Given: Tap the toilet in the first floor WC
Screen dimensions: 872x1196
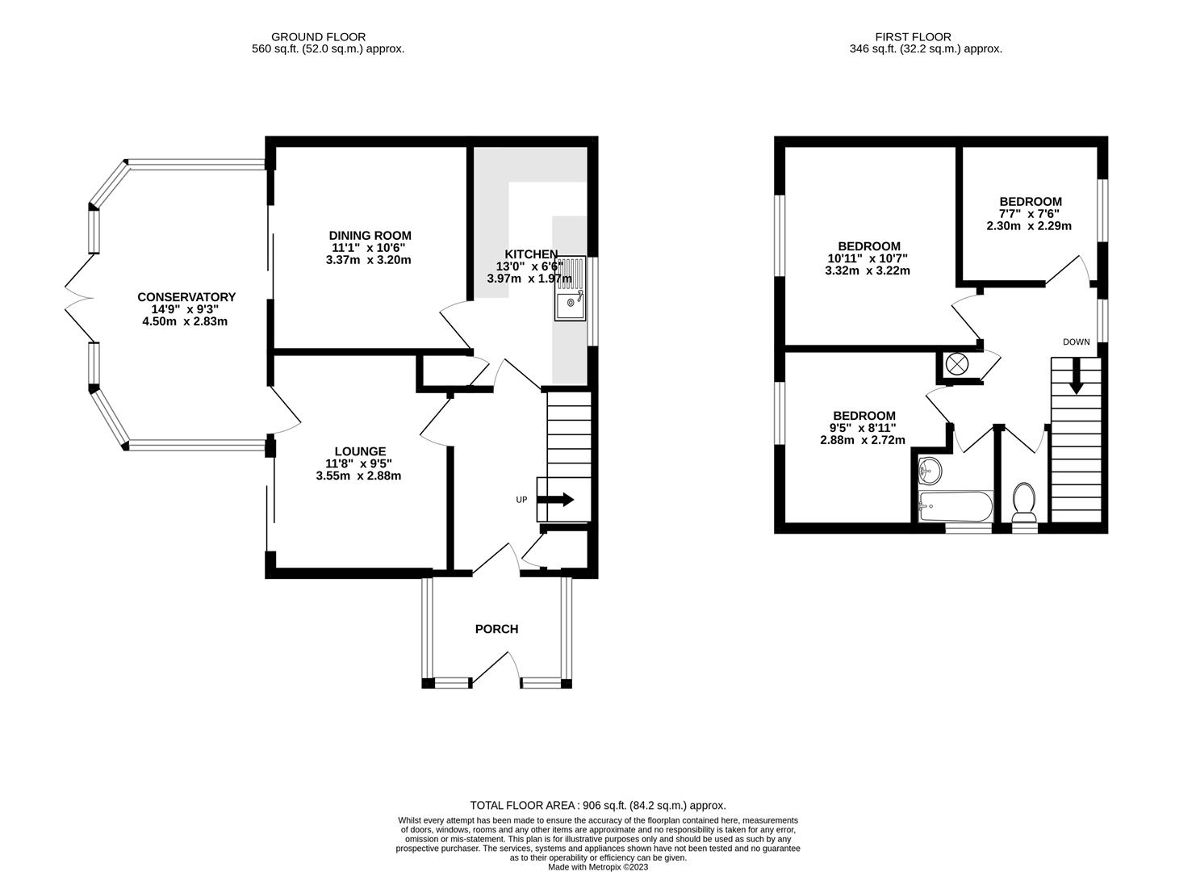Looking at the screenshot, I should coord(1024,502).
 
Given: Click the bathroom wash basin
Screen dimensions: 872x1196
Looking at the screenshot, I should coord(930,468).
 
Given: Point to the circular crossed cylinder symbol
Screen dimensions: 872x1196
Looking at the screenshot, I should coord(956,364).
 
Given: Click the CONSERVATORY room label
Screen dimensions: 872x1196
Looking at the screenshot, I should coord(186,297).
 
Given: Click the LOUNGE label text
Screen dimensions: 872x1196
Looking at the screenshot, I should coord(360,451).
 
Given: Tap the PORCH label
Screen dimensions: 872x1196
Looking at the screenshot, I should coord(496,629).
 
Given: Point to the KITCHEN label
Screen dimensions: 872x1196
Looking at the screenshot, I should coord(531,254).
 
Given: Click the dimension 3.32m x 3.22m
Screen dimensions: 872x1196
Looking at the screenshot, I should coord(868,270).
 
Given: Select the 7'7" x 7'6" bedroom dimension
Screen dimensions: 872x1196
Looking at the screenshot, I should coord(1030,214).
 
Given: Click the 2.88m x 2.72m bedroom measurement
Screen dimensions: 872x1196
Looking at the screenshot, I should coord(863,440).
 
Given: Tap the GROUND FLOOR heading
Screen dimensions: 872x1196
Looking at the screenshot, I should coord(318,36).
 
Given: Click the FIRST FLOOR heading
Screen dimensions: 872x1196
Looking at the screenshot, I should coord(913,36).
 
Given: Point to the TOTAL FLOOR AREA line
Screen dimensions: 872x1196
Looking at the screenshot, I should coord(598,805).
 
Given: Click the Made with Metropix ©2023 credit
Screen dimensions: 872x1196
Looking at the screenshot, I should coord(598,867).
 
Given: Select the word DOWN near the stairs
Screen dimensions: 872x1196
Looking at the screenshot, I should coord(1076,342).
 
